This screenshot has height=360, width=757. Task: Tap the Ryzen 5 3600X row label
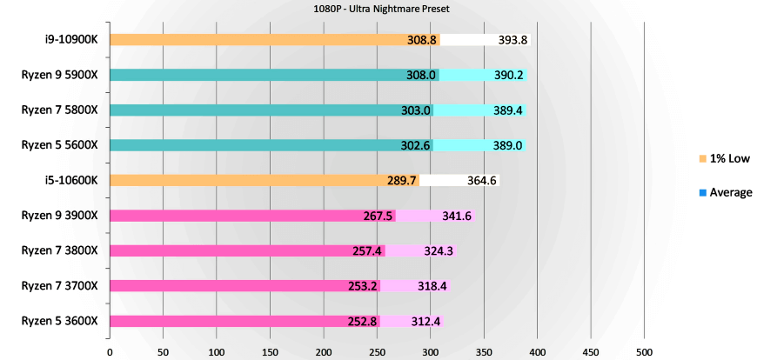60,321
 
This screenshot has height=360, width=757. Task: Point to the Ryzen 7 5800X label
60,110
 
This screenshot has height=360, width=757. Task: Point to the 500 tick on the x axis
644,351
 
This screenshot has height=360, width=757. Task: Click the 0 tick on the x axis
110,351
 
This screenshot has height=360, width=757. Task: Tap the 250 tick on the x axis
377,351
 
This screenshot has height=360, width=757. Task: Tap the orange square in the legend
701,158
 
